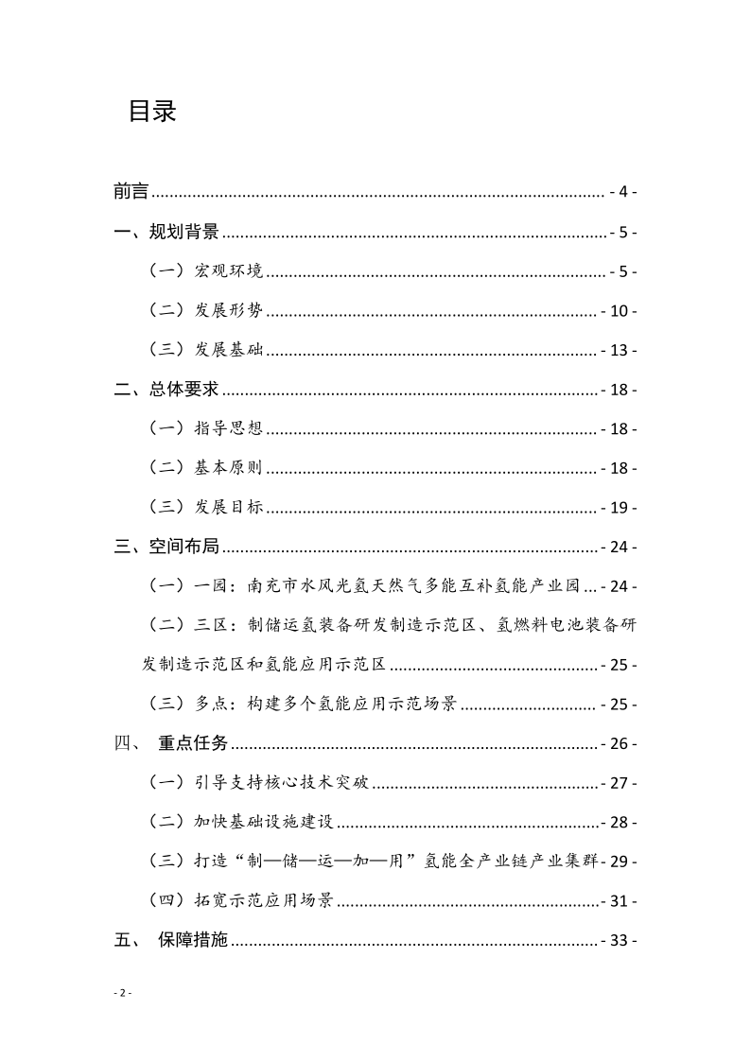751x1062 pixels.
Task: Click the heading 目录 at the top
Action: [x=152, y=112]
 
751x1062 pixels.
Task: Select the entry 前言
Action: [x=131, y=192]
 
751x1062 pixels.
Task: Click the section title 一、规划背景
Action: [x=166, y=232]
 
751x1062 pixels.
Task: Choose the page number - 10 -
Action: [x=619, y=311]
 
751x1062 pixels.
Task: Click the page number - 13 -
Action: [x=619, y=351]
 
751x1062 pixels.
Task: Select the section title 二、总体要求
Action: [x=166, y=390]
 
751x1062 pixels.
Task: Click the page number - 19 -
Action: [x=619, y=509]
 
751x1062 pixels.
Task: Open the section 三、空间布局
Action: [x=166, y=548]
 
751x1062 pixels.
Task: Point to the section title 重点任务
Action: [x=193, y=743]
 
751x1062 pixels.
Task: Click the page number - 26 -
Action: [x=619, y=743]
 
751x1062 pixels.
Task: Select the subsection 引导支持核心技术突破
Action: [x=281, y=783]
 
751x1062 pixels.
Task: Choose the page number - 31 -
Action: [x=619, y=901]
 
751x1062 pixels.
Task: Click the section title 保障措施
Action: [x=193, y=941]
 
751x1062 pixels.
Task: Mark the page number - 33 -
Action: [x=619, y=941]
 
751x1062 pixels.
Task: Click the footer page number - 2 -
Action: [x=122, y=993]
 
